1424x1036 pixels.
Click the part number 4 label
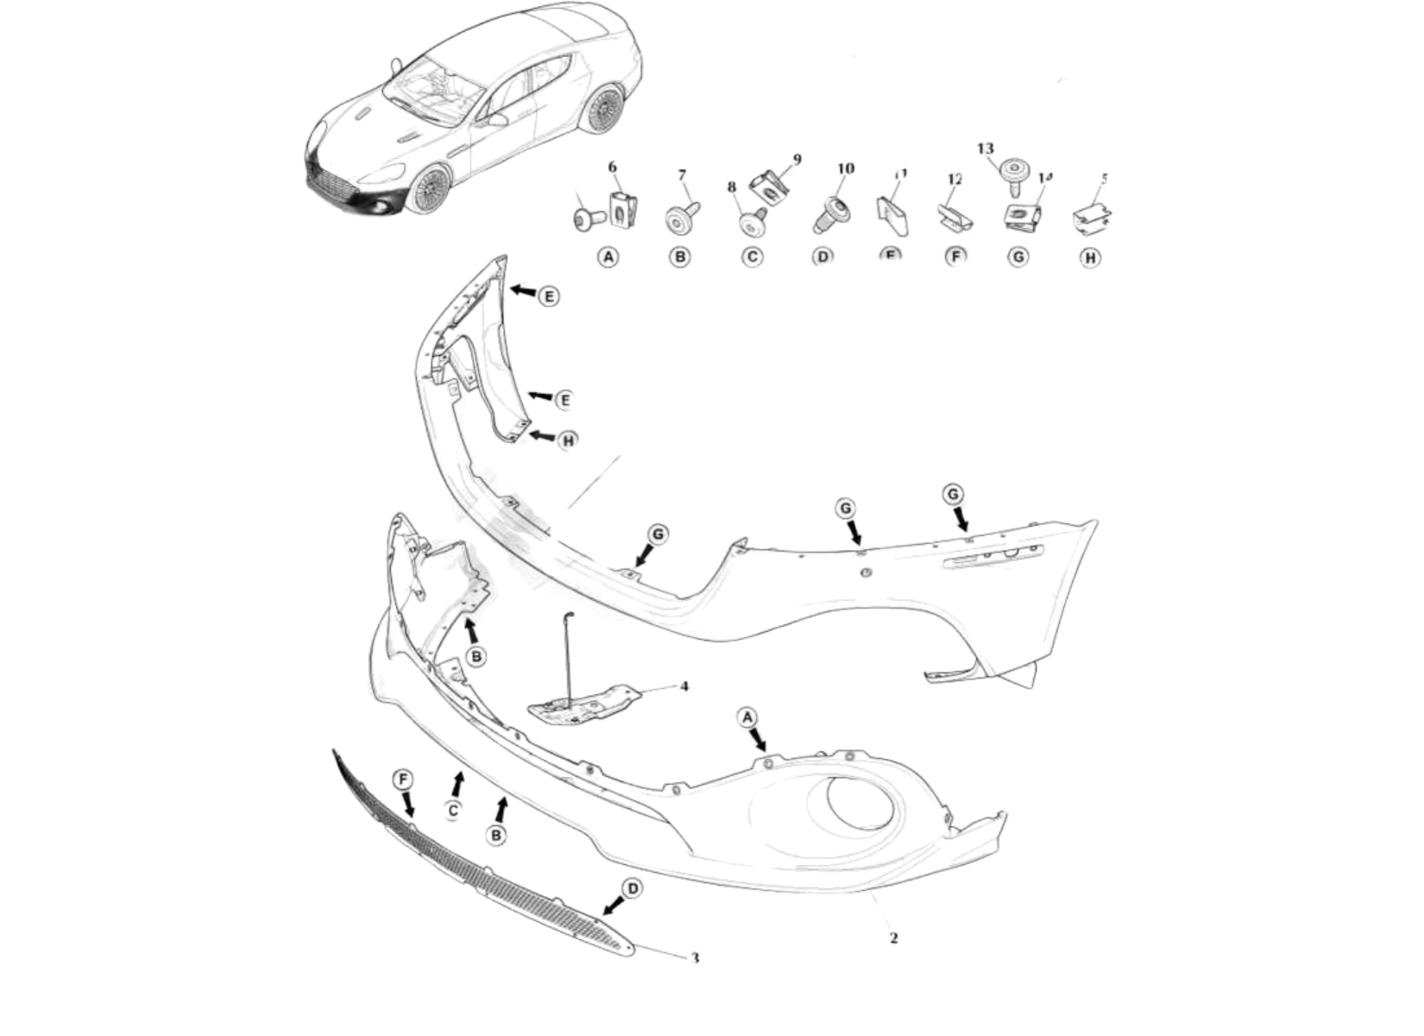pyautogui.click(x=684, y=686)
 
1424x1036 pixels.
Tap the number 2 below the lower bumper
pyautogui.click(x=893, y=938)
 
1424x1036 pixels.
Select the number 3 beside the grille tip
pyautogui.click(x=695, y=957)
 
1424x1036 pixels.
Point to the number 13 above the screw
pyautogui.click(x=986, y=148)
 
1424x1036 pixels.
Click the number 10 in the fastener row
pyautogui.click(x=846, y=168)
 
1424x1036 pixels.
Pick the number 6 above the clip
pyautogui.click(x=613, y=167)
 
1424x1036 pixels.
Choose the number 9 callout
pyautogui.click(x=797, y=159)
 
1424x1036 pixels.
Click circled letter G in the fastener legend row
pyautogui.click(x=1019, y=257)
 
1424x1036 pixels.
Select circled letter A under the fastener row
pyautogui.click(x=609, y=257)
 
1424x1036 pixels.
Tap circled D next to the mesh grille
pyautogui.click(x=633, y=888)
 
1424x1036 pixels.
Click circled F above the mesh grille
pyautogui.click(x=402, y=780)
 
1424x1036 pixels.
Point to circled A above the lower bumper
pyautogui.click(x=747, y=717)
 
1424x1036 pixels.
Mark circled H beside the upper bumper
pyautogui.click(x=568, y=441)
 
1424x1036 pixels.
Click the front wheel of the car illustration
pyautogui.click(x=429, y=189)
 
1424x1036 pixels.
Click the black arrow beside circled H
pyautogui.click(x=542, y=437)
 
